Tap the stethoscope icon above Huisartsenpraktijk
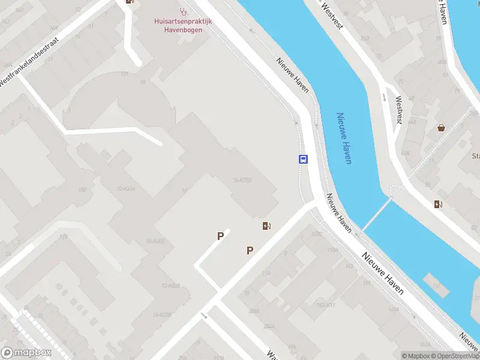point(183,11)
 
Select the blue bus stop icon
point(304,160)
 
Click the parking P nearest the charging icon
point(250,250)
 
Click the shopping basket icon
point(442,127)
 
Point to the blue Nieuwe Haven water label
point(344,139)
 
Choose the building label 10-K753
point(242,181)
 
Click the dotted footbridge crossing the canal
point(376,211)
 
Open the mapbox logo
point(26,353)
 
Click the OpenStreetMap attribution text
point(455,356)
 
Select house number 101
point(125,74)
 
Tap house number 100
point(82,190)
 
